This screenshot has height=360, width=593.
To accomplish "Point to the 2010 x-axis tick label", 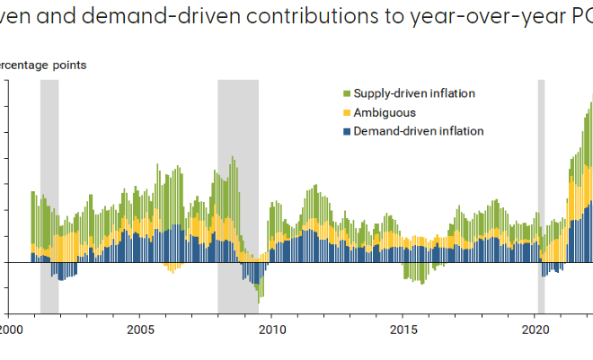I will pos(272,329).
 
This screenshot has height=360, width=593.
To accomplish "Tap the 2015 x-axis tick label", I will pos(403,329).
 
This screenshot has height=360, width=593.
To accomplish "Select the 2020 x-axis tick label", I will pos(535,329).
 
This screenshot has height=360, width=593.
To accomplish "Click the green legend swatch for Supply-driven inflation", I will pos(347,94).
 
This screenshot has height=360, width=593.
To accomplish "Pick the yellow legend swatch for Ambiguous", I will pos(347,113).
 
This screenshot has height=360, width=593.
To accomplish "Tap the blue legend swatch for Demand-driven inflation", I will pos(347,131).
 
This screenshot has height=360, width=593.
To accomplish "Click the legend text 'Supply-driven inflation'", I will pos(414,93).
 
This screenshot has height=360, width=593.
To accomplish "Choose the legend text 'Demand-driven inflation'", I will pos(419,131).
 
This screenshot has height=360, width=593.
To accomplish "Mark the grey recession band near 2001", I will pos(49,135).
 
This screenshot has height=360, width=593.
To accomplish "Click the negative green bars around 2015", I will pos(414,272).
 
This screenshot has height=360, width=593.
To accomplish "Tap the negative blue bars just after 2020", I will pos(551,268).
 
